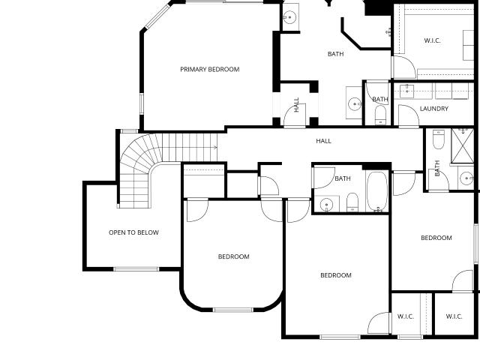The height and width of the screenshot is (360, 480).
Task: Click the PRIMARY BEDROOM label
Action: [x=210, y=70]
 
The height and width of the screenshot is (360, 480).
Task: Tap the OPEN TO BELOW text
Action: [x=133, y=232]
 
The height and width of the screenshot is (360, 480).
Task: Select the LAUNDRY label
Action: [x=434, y=109]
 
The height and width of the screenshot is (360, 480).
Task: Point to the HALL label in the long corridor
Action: [x=323, y=141]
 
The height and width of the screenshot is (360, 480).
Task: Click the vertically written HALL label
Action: [x=296, y=105]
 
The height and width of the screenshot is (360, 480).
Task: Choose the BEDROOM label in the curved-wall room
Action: [x=233, y=256]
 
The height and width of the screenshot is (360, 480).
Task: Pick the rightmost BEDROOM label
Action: [x=436, y=238]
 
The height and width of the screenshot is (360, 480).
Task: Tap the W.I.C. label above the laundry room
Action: [x=432, y=40]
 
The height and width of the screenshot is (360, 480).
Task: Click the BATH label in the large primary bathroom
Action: [x=335, y=54]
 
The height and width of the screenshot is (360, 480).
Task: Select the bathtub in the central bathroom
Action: [x=376, y=191]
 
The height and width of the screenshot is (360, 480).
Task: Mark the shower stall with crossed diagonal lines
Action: [x=463, y=145]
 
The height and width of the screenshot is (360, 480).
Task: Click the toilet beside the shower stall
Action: [x=438, y=139]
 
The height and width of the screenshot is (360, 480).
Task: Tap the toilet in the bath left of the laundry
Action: [x=380, y=115]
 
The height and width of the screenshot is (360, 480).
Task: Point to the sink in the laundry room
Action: [x=407, y=91]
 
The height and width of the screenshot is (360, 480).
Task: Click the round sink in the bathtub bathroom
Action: [x=327, y=204]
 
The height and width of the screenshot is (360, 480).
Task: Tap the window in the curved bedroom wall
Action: [x=233, y=310]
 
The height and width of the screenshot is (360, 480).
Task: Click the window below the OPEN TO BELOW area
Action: [x=136, y=269]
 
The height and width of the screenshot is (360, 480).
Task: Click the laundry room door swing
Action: [x=409, y=115]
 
